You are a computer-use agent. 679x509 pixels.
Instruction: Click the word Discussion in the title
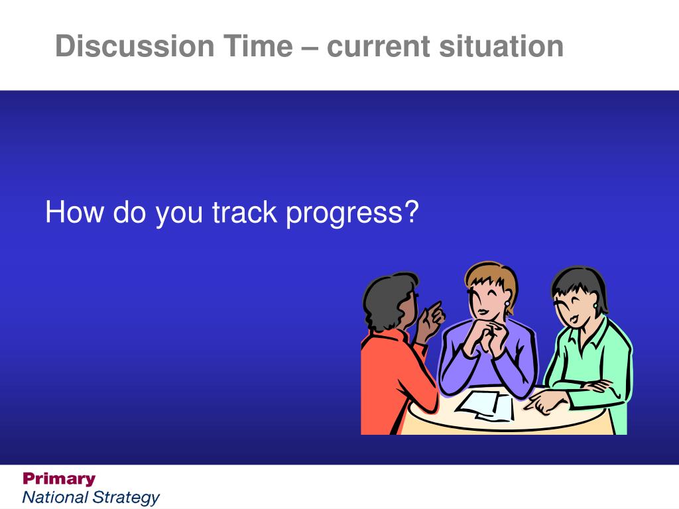(x=135, y=46)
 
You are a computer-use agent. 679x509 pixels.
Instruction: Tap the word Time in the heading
(x=259, y=46)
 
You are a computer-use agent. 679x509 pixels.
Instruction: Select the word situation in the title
(x=501, y=46)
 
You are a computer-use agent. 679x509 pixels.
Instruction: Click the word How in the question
(x=74, y=212)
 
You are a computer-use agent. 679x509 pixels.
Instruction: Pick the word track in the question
(x=244, y=212)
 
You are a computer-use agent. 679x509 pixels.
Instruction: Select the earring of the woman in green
(x=596, y=306)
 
